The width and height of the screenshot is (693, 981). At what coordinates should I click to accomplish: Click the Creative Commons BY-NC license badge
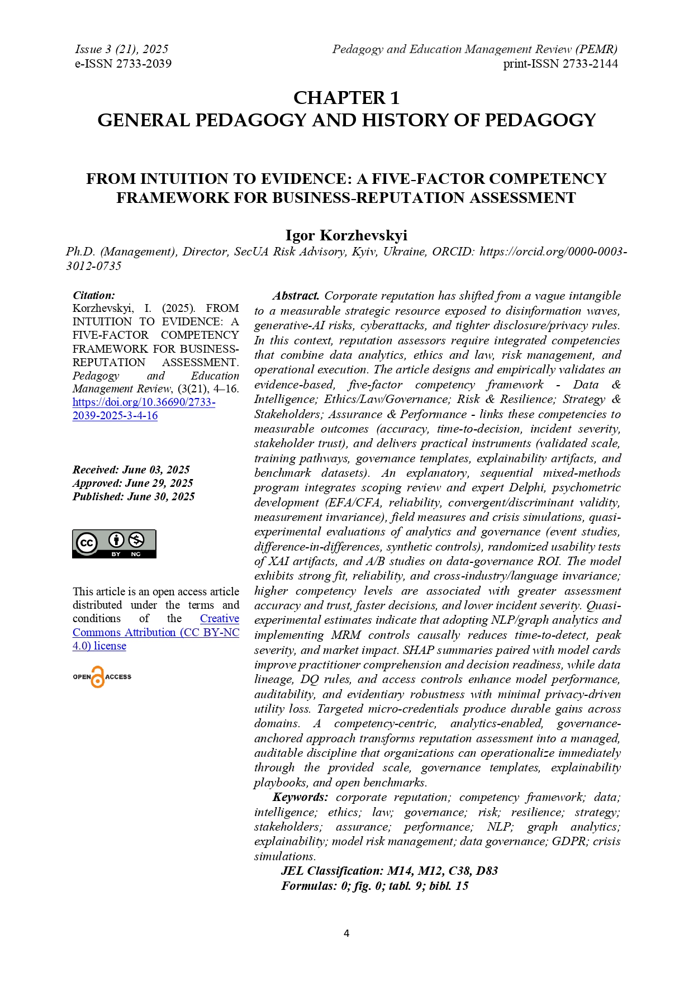[x=114, y=543]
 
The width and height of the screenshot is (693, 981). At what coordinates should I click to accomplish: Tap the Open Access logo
[x=102, y=676]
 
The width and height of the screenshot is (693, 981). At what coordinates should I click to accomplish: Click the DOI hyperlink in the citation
[x=144, y=409]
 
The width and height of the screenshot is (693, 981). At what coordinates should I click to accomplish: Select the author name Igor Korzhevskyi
[x=346, y=235]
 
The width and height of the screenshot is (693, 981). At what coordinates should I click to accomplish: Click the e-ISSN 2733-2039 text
[x=123, y=64]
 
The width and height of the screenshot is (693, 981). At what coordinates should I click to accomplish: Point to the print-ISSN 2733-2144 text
[x=560, y=64]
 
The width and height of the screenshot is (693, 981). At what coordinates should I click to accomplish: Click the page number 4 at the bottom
[x=346, y=933]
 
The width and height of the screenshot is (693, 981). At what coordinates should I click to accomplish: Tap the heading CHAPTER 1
[x=346, y=98]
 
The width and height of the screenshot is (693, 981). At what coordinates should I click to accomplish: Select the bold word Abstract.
[x=296, y=296]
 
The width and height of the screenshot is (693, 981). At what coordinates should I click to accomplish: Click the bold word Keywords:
[x=300, y=797]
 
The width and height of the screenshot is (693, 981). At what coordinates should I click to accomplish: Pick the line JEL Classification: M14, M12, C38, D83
[x=389, y=871]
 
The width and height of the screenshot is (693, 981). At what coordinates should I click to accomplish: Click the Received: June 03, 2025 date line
[x=131, y=470]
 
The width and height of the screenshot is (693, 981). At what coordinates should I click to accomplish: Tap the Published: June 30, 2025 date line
[x=134, y=496]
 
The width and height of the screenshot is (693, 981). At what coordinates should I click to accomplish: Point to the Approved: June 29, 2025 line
[x=132, y=483]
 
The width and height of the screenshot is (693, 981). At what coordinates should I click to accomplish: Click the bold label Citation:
[x=94, y=295]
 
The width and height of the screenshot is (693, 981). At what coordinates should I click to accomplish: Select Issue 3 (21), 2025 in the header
[x=121, y=49]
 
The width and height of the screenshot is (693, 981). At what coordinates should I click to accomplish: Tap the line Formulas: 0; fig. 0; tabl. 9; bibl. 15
[x=374, y=886]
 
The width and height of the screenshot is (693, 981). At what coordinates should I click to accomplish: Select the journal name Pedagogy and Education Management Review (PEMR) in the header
[x=474, y=49]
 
